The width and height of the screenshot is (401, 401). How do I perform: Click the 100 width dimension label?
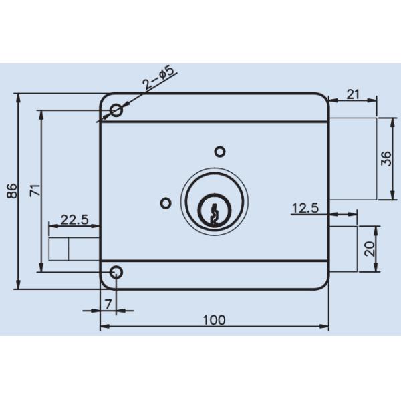[214, 319]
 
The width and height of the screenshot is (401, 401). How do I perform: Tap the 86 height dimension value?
[10, 192]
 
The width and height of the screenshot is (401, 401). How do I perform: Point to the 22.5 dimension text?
[75, 219]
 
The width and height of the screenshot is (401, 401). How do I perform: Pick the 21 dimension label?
[353, 94]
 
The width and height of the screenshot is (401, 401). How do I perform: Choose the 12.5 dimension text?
[305, 208]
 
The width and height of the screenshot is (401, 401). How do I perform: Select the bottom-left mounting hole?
[116, 272]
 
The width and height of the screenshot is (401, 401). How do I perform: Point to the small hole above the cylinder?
[219, 150]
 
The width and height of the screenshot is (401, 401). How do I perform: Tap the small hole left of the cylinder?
[166, 203]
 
